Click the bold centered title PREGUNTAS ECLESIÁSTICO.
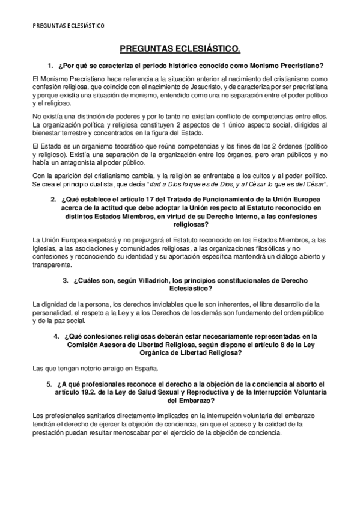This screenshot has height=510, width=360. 180,50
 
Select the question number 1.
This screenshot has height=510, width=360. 50,65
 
